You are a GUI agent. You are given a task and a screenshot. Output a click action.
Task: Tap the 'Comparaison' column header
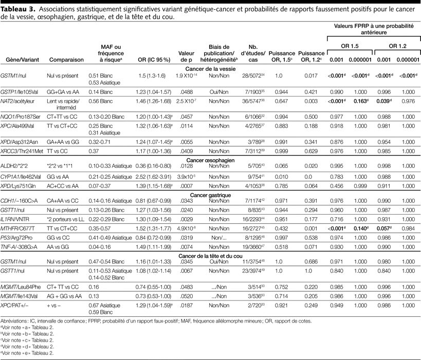(66, 60)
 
